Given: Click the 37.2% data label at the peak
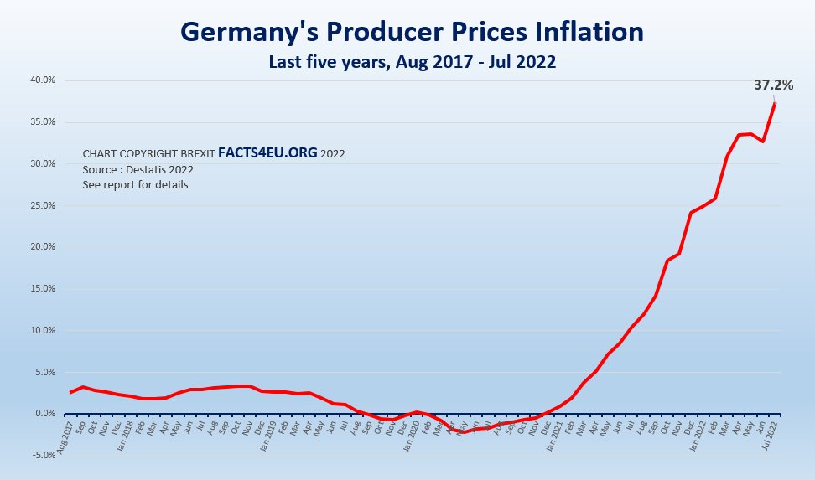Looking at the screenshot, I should pos(772,85).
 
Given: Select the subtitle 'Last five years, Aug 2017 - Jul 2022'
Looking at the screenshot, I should pos(412,62).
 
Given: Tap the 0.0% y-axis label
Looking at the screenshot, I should pos(44,414).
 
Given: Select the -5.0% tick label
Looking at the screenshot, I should pos(42,455).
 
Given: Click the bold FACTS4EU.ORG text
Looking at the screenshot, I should pos(267,153).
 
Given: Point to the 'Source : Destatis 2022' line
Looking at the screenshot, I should pos(138,169).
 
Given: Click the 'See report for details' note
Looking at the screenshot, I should pos(135,184).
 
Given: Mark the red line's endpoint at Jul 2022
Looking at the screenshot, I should pos(775,103).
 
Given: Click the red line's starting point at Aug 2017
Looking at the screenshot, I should pos(70,392).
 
